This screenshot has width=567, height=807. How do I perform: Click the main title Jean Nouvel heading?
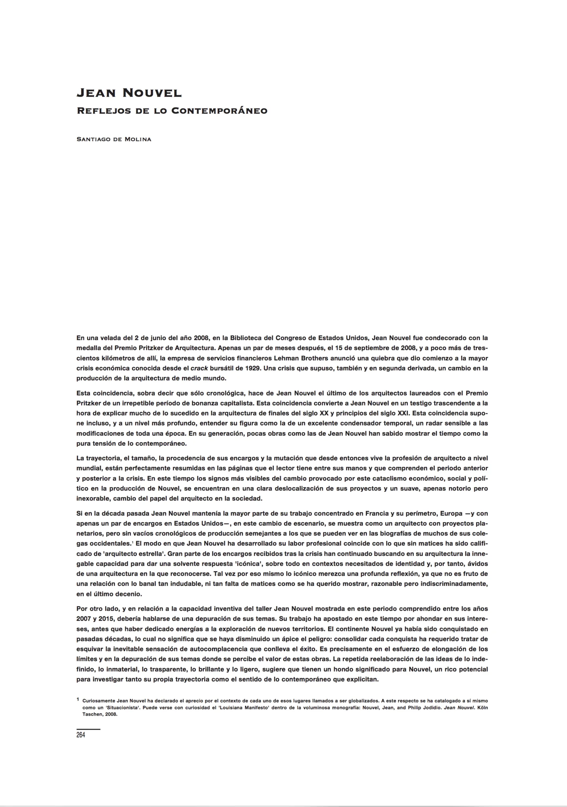129,93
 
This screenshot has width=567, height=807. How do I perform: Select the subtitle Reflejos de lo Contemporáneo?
172,111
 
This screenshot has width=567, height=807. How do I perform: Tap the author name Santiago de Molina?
114,139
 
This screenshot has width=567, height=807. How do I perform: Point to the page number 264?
81,735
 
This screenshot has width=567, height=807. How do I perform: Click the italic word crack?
199,368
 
